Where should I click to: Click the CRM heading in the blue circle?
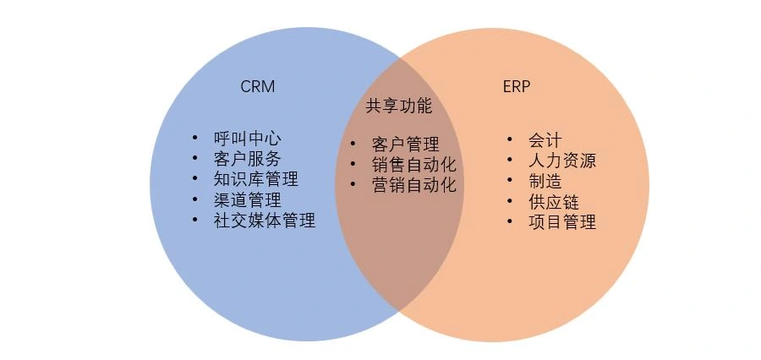[258, 86]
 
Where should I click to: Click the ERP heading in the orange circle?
[517, 86]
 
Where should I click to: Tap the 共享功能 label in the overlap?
[398, 106]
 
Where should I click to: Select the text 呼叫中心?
[247, 139]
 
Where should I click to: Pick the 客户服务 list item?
[247, 159]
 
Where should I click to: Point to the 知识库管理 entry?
[255, 179]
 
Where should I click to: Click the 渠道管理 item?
[247, 200]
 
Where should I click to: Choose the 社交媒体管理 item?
[265, 221]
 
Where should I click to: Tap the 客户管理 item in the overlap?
[405, 145]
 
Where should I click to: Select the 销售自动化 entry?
[414, 165]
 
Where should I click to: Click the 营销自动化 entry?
[414, 185]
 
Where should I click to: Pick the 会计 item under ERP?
[545, 140]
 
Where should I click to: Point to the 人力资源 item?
[562, 161]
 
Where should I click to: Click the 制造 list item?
[545, 181]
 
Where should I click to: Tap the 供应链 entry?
[554, 201]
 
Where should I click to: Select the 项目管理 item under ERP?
[562, 221]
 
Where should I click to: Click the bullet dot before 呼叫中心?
[195, 137]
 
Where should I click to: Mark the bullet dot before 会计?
[510, 139]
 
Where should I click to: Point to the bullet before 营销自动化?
[353, 183]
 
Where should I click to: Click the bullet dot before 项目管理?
[510, 221]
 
